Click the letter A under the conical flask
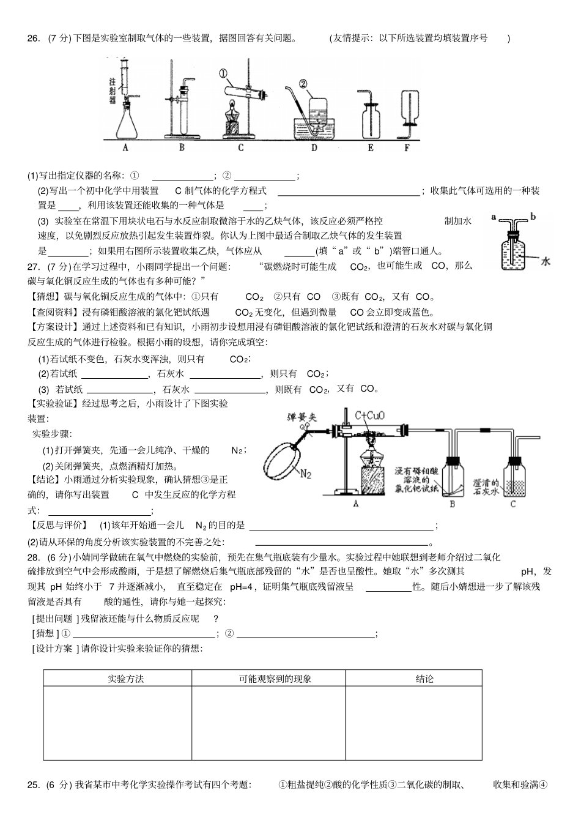click(125, 147)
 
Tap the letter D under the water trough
click(314, 147)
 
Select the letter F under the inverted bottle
click(407, 147)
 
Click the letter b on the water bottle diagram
click(532, 216)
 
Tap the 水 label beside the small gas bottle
click(546, 261)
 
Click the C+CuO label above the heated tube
click(369, 416)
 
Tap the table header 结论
click(424, 679)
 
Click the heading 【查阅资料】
click(50, 312)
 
